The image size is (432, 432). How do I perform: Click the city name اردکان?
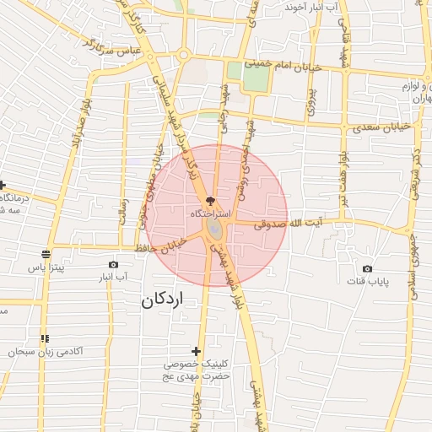pos(163,300)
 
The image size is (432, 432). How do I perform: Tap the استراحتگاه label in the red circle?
pos(207,215)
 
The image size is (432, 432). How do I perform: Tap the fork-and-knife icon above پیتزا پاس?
pos(46,253)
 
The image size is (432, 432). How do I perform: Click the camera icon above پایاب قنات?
pos(367,268)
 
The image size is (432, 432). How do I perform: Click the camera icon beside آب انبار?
pos(114,264)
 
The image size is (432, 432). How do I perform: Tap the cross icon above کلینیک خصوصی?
pos(197,351)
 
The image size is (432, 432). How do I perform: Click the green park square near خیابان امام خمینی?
pos(256,76)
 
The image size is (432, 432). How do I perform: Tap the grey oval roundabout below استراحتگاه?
pos(216,229)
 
